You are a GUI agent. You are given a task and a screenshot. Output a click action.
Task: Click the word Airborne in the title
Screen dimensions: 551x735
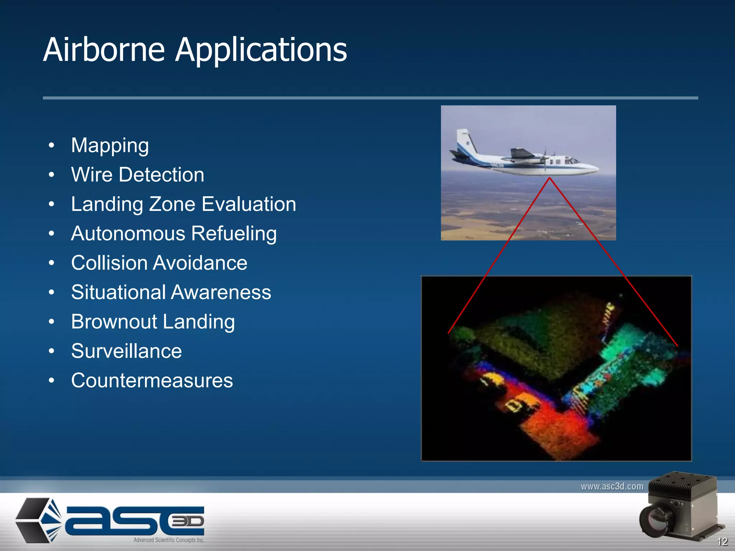click(x=104, y=50)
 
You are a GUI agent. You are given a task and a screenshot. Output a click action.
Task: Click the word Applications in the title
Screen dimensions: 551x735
click(x=261, y=50)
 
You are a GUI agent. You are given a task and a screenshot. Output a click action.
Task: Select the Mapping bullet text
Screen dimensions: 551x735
click(x=110, y=146)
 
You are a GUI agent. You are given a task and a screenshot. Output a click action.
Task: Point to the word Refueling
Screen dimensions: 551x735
click(x=234, y=234)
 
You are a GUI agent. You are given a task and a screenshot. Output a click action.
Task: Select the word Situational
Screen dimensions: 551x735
click(x=118, y=292)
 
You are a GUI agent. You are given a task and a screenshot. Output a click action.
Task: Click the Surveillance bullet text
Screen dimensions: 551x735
click(x=126, y=351)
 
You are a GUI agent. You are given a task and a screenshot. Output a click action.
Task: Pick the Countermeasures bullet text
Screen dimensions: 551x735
click(x=152, y=380)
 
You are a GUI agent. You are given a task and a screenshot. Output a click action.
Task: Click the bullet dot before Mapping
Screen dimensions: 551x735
click(x=52, y=146)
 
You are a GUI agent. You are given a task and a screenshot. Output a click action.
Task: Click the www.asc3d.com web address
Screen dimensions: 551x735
click(x=612, y=486)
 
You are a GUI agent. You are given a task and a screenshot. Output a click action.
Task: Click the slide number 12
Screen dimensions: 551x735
click(x=722, y=541)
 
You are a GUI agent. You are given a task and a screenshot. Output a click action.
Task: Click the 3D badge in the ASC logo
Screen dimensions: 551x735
click(x=187, y=521)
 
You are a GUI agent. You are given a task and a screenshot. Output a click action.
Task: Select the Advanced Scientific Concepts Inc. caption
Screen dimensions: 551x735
click(x=169, y=540)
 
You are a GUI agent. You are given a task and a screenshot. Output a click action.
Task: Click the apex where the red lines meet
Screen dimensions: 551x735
click(x=549, y=178)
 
